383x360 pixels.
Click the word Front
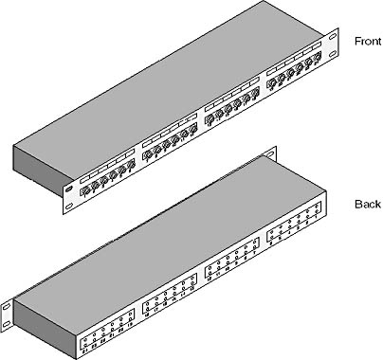click(x=368, y=42)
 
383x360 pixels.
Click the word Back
click(x=368, y=205)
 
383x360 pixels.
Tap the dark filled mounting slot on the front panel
click(x=69, y=189)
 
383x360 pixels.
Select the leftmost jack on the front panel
click(x=85, y=191)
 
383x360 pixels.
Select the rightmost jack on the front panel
click(x=317, y=58)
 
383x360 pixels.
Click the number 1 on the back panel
click(x=317, y=217)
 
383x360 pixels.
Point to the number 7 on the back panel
click(x=255, y=254)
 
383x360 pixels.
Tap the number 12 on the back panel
click(x=209, y=279)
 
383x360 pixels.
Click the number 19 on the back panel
click(x=130, y=325)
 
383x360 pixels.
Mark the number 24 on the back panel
click(x=84, y=351)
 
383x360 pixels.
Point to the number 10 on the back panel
click(x=227, y=269)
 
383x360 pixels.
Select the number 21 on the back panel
click(x=112, y=335)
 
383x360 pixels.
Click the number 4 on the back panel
click(x=289, y=233)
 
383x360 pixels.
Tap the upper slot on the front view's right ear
click(x=333, y=36)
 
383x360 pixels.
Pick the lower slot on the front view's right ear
click(x=333, y=54)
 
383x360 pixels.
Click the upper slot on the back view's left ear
click(x=7, y=307)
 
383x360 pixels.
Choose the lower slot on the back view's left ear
click(x=7, y=324)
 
